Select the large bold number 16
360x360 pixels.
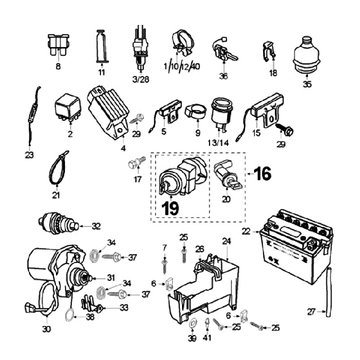coord(262,173)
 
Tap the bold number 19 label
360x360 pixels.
coord(170,208)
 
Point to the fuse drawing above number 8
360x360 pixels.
coord(58,45)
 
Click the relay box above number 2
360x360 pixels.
coord(68,107)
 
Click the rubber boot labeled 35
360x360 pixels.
coord(306,55)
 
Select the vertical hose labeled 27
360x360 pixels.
coord(328,292)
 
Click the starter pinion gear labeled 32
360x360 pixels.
coord(58,223)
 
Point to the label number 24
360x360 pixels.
coord(226,241)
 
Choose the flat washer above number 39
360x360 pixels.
coord(192,323)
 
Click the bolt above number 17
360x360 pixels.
coord(137,162)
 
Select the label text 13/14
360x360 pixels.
coord(218,143)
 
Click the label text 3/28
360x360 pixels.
coord(140,79)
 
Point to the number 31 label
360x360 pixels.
coord(111,278)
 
